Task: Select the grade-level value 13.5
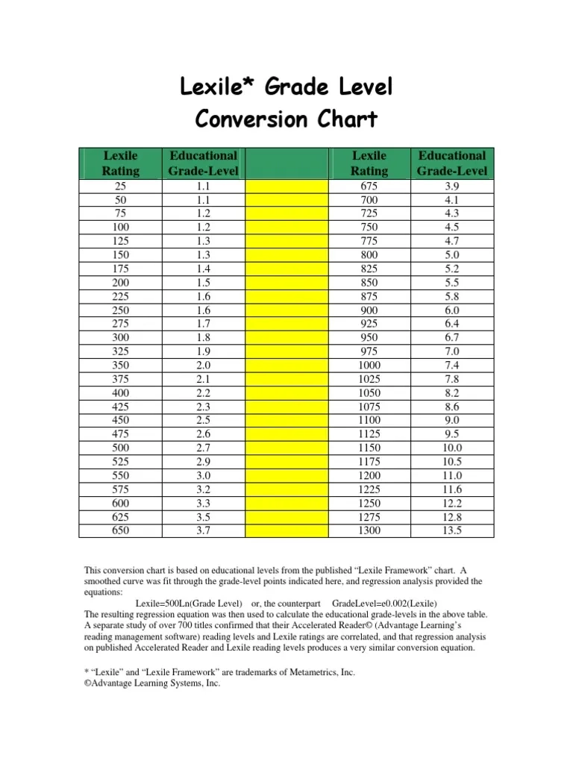pos(452,531)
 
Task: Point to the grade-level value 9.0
pos(452,420)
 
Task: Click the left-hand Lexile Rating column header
pos(120,163)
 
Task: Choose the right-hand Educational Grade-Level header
pos(452,163)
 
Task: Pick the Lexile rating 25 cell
pos(120,187)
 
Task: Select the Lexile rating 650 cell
pos(120,531)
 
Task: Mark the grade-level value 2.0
pos(203,365)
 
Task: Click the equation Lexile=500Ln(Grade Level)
pos(190,603)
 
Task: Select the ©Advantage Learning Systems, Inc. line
pos(154,683)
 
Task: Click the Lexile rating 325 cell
pos(120,351)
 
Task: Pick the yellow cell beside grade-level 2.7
pos(286,448)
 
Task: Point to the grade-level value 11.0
pos(452,475)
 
